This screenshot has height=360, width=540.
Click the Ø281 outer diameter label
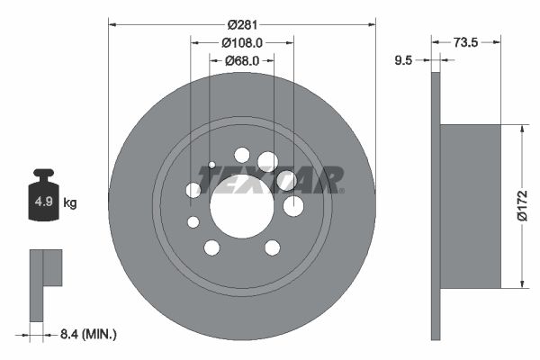pyautogui.click(x=241, y=23)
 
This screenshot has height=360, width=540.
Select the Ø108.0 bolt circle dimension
pyautogui.click(x=241, y=41)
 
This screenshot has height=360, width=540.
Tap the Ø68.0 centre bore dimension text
pyautogui.click(x=241, y=60)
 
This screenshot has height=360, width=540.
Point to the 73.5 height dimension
pyautogui.click(x=464, y=41)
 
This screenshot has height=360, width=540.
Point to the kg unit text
pyautogui.click(x=70, y=203)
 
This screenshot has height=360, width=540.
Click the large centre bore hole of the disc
pyautogui.click(x=241, y=206)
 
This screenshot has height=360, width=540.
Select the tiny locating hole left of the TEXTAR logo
pyautogui.click(x=211, y=165)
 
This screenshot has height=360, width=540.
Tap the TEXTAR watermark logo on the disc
pyautogui.click(x=270, y=180)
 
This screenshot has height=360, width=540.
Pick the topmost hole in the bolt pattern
pyautogui.click(x=241, y=154)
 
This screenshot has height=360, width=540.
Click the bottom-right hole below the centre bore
pyautogui.click(x=272, y=247)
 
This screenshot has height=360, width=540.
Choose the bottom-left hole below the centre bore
pyautogui.click(x=211, y=247)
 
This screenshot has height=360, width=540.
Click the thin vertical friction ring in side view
pyautogui.click(x=436, y=206)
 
